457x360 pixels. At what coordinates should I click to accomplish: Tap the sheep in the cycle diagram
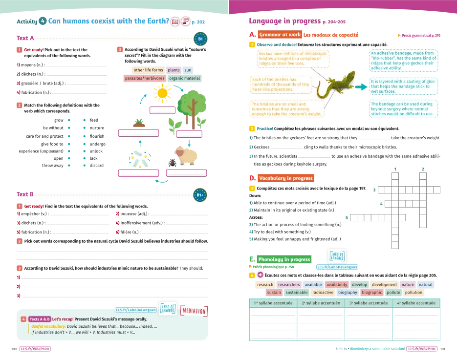186,155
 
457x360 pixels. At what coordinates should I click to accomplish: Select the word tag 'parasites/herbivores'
144,78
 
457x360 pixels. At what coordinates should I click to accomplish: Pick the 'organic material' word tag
184,78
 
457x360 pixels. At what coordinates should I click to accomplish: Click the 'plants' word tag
174,70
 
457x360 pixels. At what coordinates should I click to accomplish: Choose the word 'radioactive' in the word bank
323,293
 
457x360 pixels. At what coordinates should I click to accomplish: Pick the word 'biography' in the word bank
348,293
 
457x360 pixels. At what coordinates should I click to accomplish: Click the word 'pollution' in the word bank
413,293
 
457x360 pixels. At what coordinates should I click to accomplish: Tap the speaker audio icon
260,275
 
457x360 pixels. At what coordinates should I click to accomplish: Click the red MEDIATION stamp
194,311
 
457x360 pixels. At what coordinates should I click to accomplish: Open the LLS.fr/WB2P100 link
35,349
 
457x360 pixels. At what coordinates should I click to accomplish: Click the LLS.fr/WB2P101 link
421,349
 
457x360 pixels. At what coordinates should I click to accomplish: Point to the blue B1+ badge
199,195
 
